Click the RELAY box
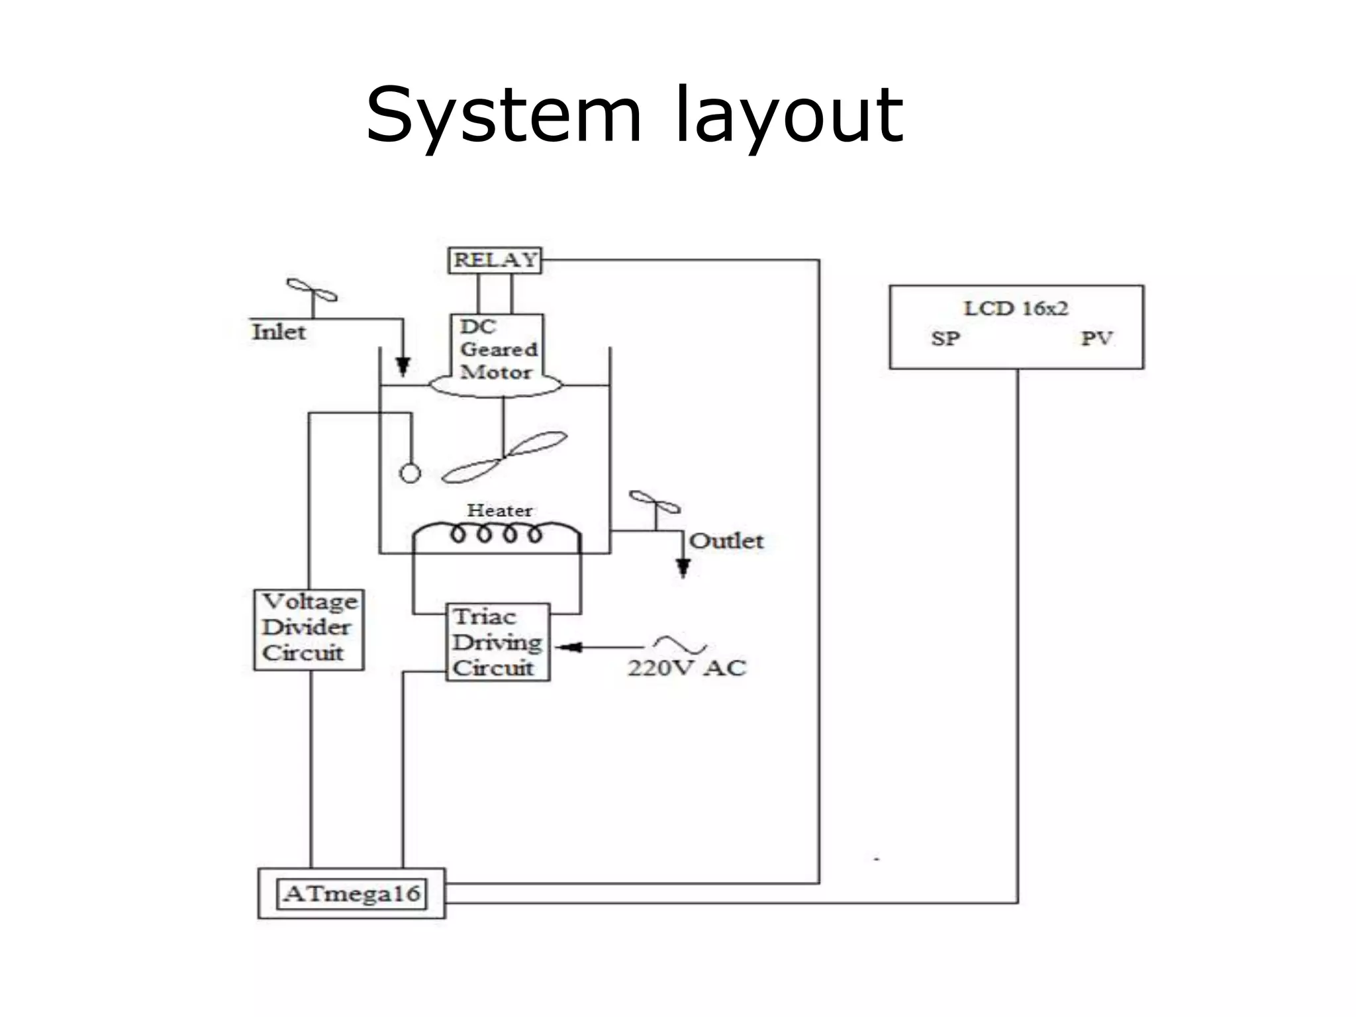click(x=495, y=260)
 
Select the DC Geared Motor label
click(x=498, y=349)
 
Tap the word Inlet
click(x=279, y=332)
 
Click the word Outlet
click(x=726, y=541)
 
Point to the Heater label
click(x=499, y=510)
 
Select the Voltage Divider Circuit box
click(x=309, y=629)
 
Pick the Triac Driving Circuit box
click(x=497, y=642)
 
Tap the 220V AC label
click(x=687, y=667)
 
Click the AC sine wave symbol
click(x=680, y=644)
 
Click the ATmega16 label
click(x=352, y=894)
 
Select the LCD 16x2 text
click(x=1015, y=309)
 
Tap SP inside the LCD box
click(x=945, y=339)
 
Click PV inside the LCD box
click(x=1096, y=339)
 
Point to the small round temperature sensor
click(x=410, y=473)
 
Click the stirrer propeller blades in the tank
click(x=505, y=456)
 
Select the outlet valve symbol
click(x=655, y=503)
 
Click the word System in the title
click(x=504, y=116)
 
